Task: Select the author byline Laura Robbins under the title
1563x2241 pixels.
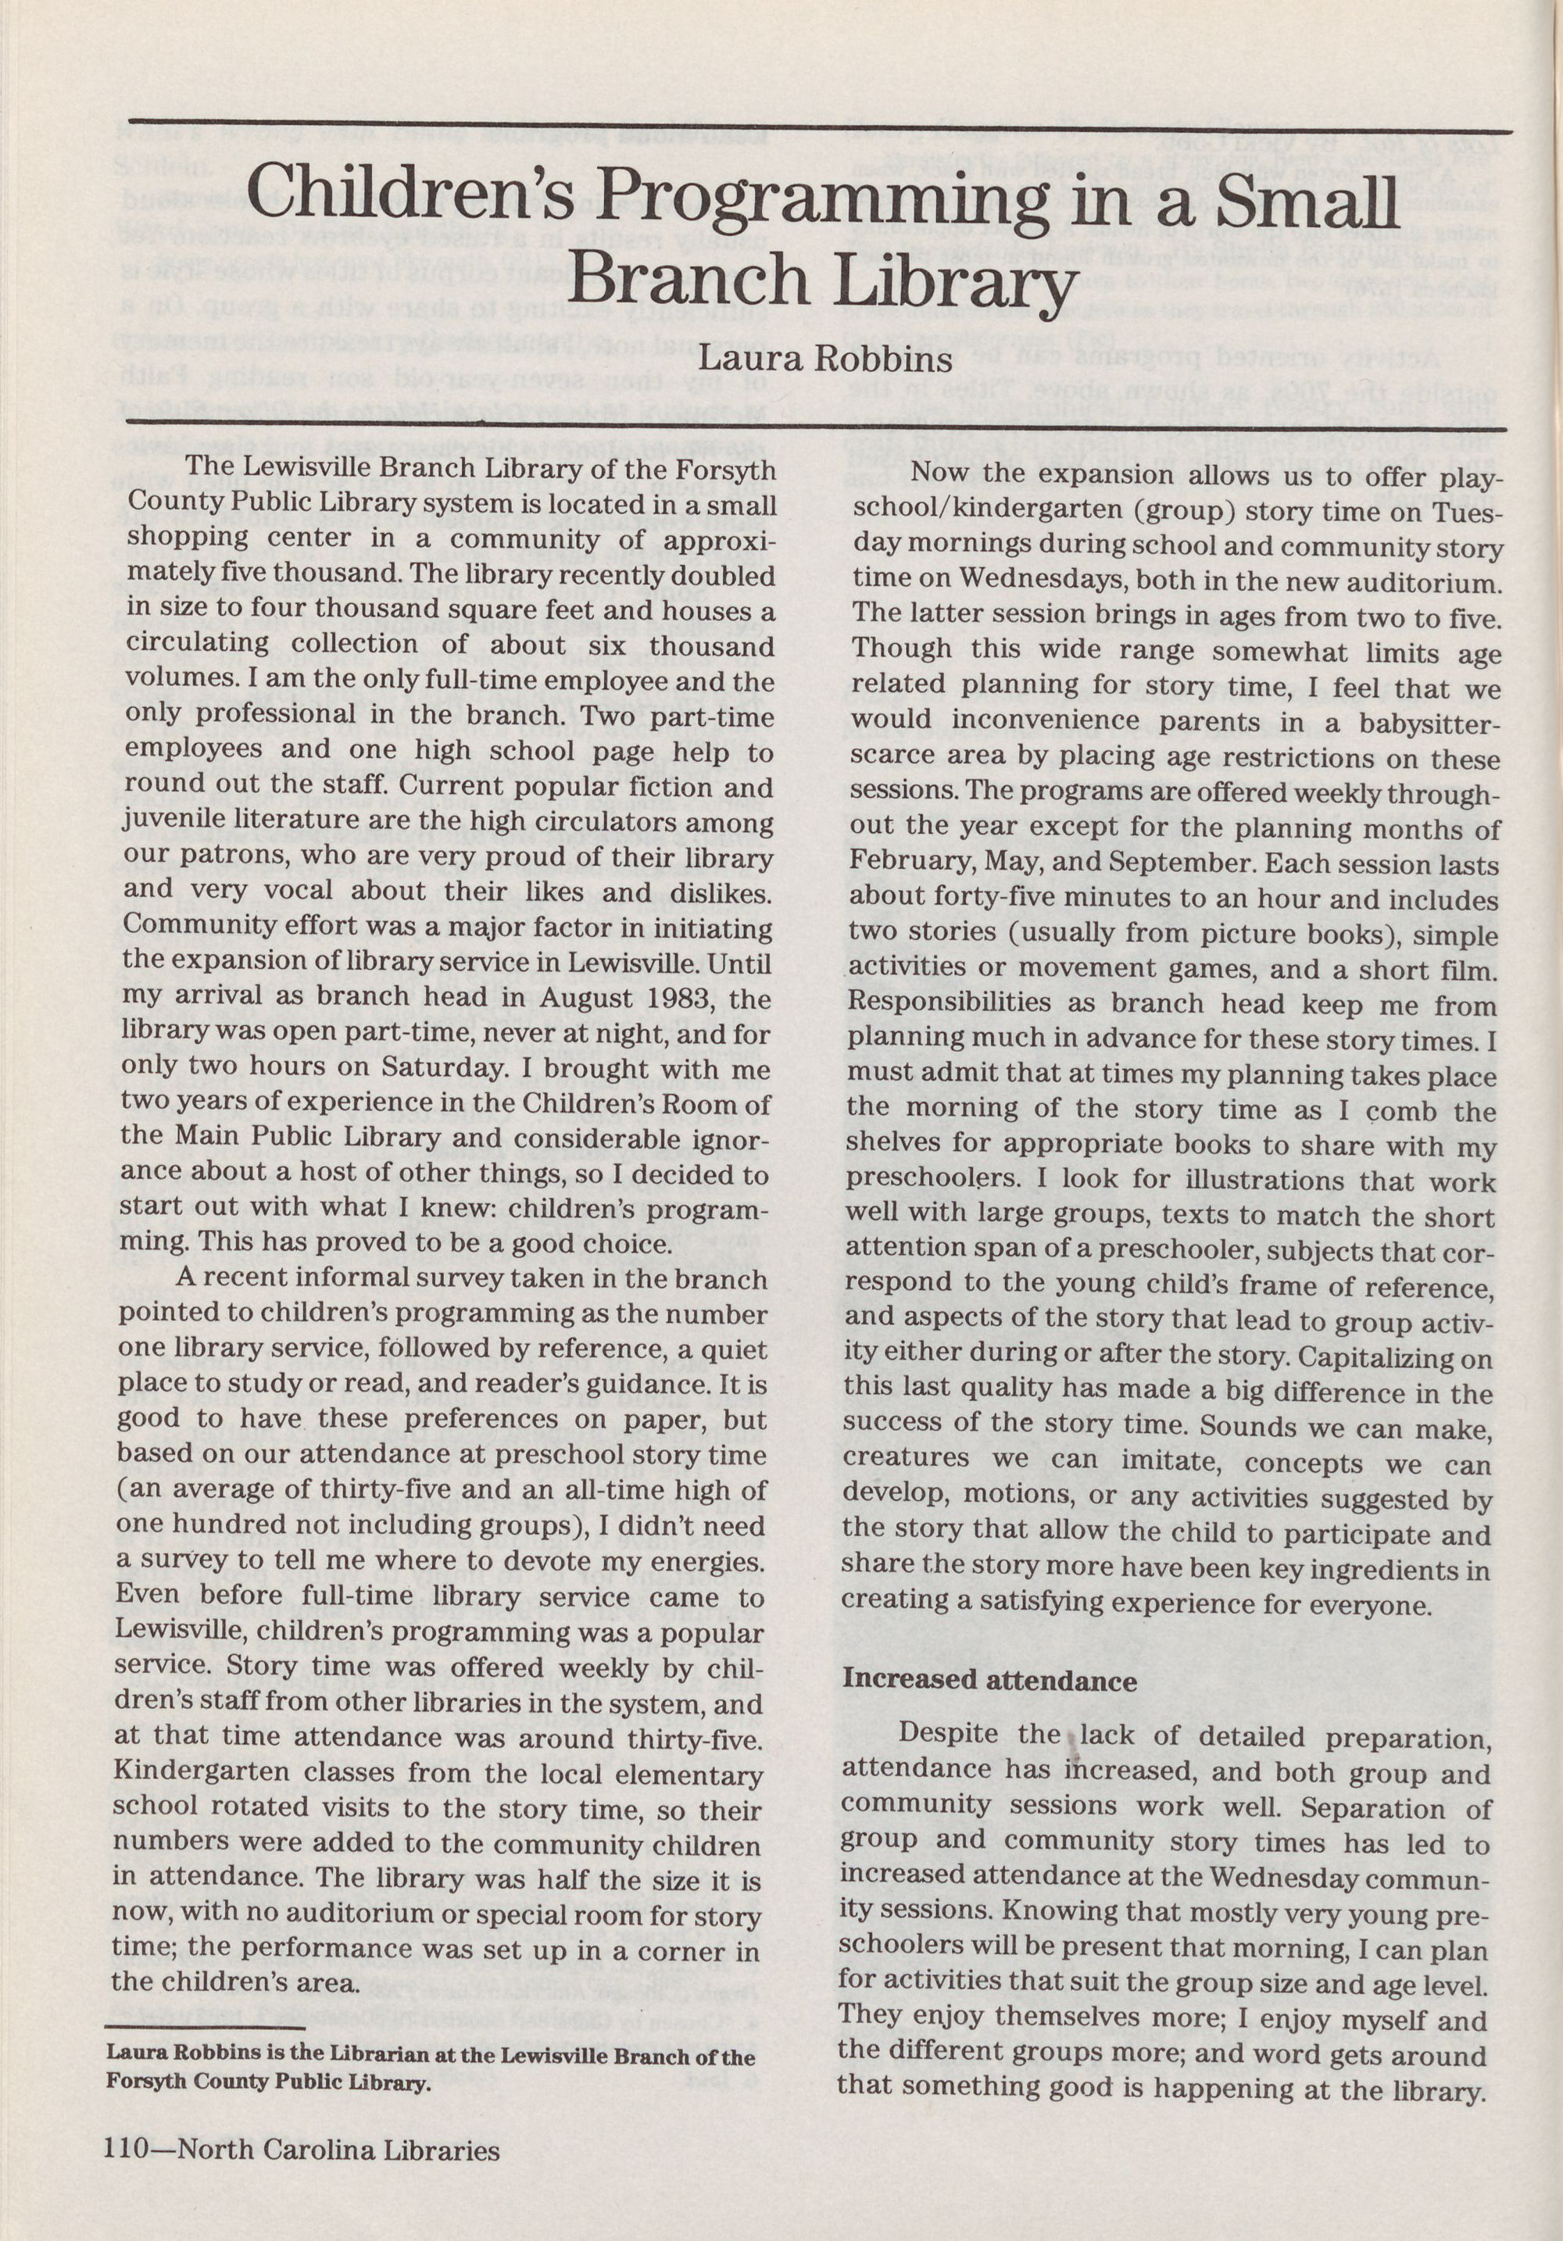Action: pyautogui.click(x=826, y=360)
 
